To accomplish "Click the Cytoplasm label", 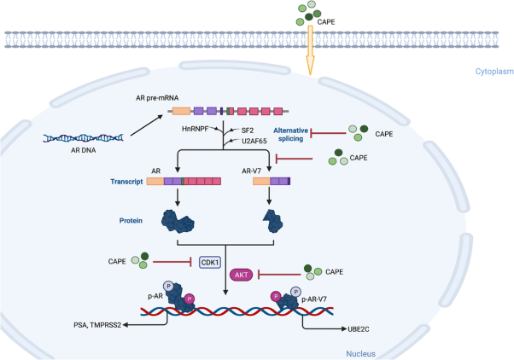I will (x=493, y=72).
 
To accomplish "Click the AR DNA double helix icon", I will (x=85, y=137).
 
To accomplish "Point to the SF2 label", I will (x=248, y=131).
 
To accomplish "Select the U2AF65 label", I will (x=256, y=142).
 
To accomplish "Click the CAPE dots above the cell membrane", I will (x=309, y=12).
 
